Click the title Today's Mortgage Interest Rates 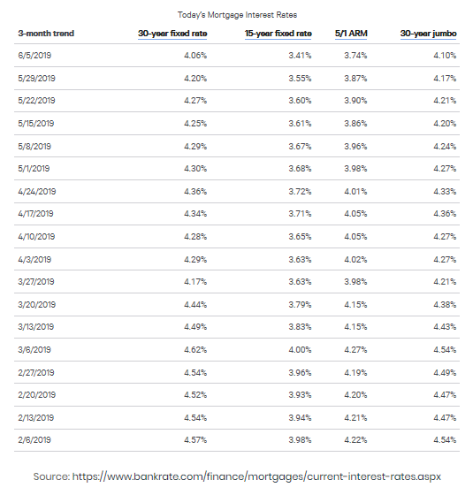(x=237, y=15)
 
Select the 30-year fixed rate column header (x=172, y=34)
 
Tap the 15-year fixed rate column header (x=278, y=34)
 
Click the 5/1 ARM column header (x=351, y=34)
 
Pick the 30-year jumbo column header (x=428, y=34)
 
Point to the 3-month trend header (x=46, y=34)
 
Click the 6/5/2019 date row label (x=34, y=56)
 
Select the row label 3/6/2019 (x=34, y=350)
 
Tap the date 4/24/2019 (x=37, y=192)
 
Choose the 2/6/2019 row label (x=34, y=440)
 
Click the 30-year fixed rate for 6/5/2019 (x=195, y=56)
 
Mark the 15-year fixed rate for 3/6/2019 (x=300, y=350)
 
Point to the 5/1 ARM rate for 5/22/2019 (x=355, y=101)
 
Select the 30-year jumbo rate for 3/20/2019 (x=445, y=305)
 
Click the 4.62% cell (x=195, y=350)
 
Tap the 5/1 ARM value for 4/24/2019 (x=355, y=192)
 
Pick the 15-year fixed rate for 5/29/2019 (x=300, y=79)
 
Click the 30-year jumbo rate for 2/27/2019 (x=445, y=373)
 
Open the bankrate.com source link (x=256, y=476)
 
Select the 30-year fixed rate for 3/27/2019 (x=195, y=282)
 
